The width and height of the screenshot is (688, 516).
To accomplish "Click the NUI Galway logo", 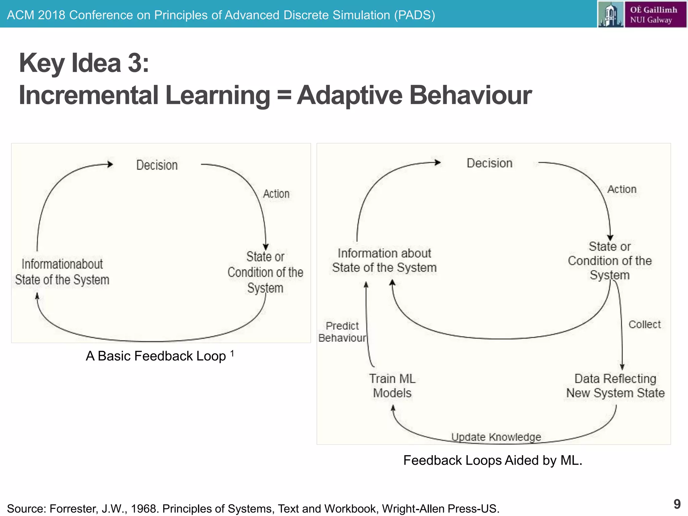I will click(x=642, y=14).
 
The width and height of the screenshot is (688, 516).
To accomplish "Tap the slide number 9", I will click(x=677, y=504).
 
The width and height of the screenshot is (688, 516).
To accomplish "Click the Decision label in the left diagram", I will click(x=157, y=165).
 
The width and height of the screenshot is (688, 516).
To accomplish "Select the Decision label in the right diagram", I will click(x=489, y=163).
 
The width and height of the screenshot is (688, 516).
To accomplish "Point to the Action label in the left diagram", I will click(x=276, y=194).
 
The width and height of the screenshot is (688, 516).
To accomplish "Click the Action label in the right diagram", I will click(x=622, y=189).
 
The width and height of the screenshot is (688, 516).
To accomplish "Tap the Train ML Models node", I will click(x=392, y=386).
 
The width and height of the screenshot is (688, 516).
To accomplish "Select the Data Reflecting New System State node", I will click(x=615, y=386).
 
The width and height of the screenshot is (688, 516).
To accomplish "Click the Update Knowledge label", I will click(x=496, y=437).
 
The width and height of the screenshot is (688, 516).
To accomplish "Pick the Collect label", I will click(x=644, y=325).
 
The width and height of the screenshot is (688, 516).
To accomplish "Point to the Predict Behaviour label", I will click(x=342, y=332).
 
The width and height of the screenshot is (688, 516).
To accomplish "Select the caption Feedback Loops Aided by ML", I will click(x=492, y=460).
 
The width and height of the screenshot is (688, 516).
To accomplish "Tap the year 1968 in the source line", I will click(x=143, y=509).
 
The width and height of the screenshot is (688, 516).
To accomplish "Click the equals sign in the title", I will click(x=284, y=95).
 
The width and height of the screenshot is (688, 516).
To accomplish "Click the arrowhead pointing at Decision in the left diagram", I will click(x=110, y=164).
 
